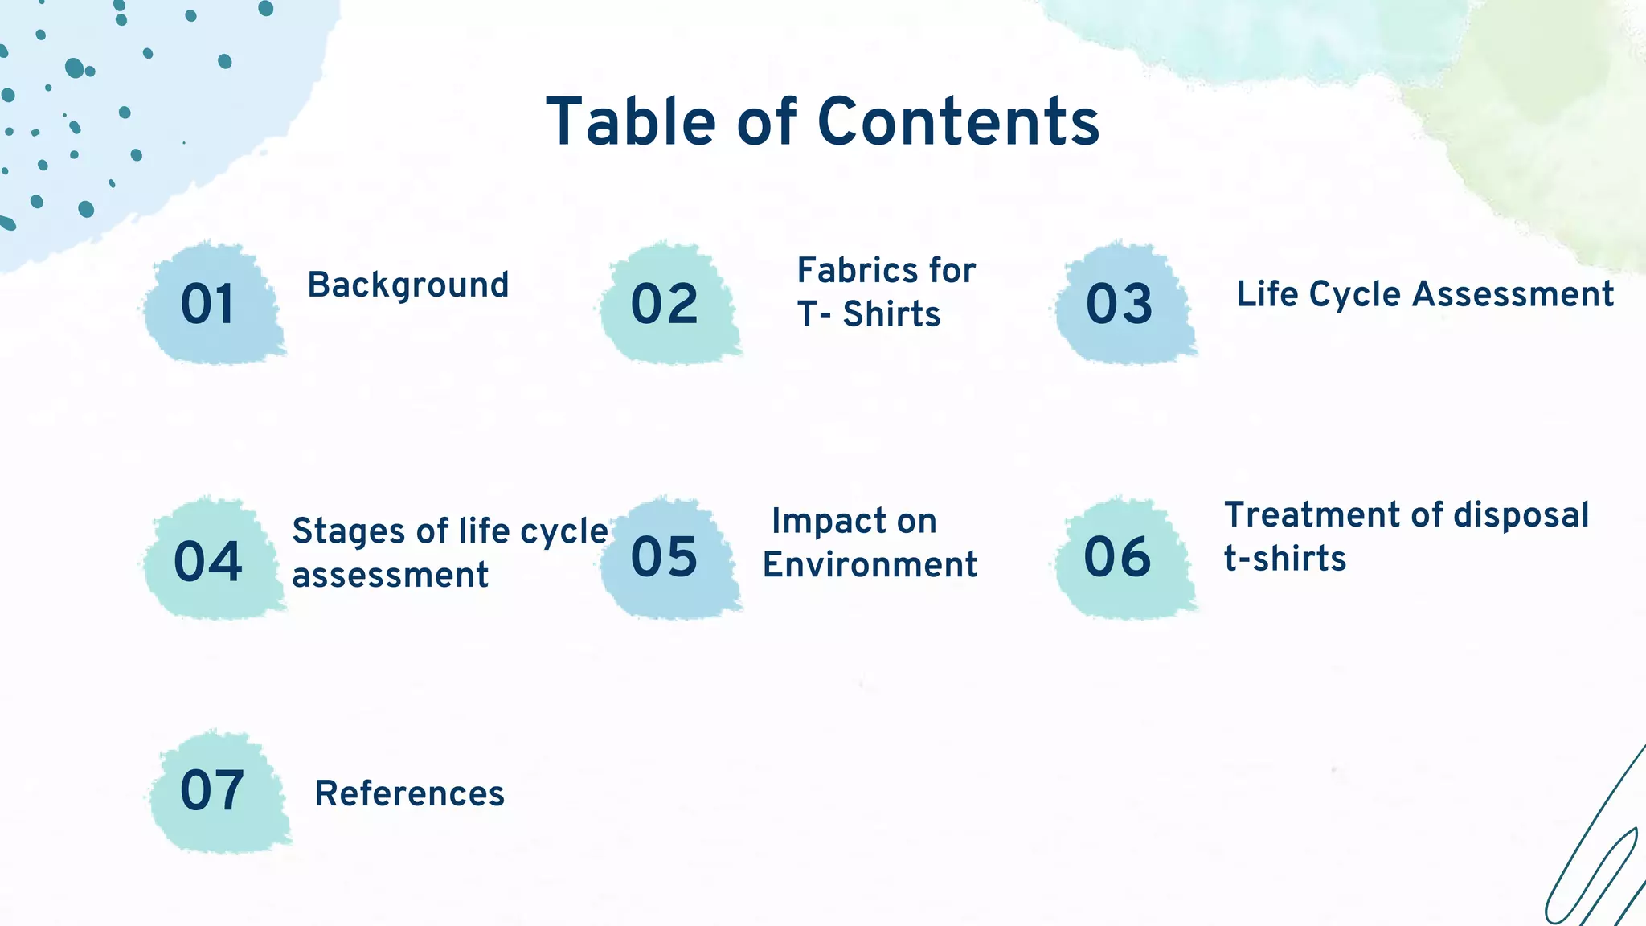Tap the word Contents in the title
[x=958, y=122]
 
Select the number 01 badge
[x=207, y=305]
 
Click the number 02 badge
[x=664, y=305]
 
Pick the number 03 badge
[x=1119, y=305]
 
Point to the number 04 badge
[x=207, y=560]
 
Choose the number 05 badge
[x=664, y=557]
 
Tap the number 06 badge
[x=1117, y=557]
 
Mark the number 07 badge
[x=212, y=791]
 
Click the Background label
[x=408, y=285]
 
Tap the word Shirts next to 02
[x=891, y=314]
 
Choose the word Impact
[x=817, y=522]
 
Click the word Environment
[x=870, y=565]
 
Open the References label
[x=409, y=794]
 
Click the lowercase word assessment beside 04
[x=390, y=576]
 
